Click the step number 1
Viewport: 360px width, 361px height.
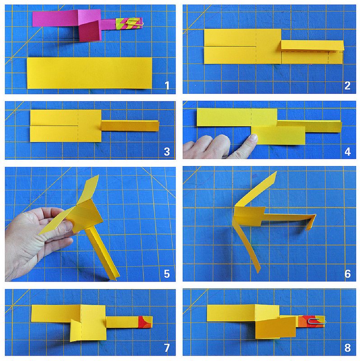click(x=167, y=85)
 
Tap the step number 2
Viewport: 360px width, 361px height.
click(x=347, y=85)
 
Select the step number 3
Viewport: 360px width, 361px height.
click(x=167, y=152)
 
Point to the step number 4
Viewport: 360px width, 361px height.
click(x=347, y=152)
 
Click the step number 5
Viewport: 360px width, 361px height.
click(x=167, y=274)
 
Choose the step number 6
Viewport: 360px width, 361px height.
click(x=347, y=274)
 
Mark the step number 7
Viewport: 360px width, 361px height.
click(x=167, y=347)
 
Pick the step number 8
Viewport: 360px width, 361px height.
click(x=347, y=347)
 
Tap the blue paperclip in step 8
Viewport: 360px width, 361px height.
click(x=317, y=321)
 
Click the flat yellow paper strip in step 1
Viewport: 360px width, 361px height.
click(x=89, y=73)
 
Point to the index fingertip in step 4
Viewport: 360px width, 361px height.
click(x=253, y=138)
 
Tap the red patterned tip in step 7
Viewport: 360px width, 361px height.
click(x=145, y=322)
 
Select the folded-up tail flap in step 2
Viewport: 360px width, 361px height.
click(x=312, y=46)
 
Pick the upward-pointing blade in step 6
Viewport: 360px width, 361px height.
click(x=256, y=189)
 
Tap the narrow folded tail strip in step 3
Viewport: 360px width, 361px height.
click(x=130, y=126)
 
